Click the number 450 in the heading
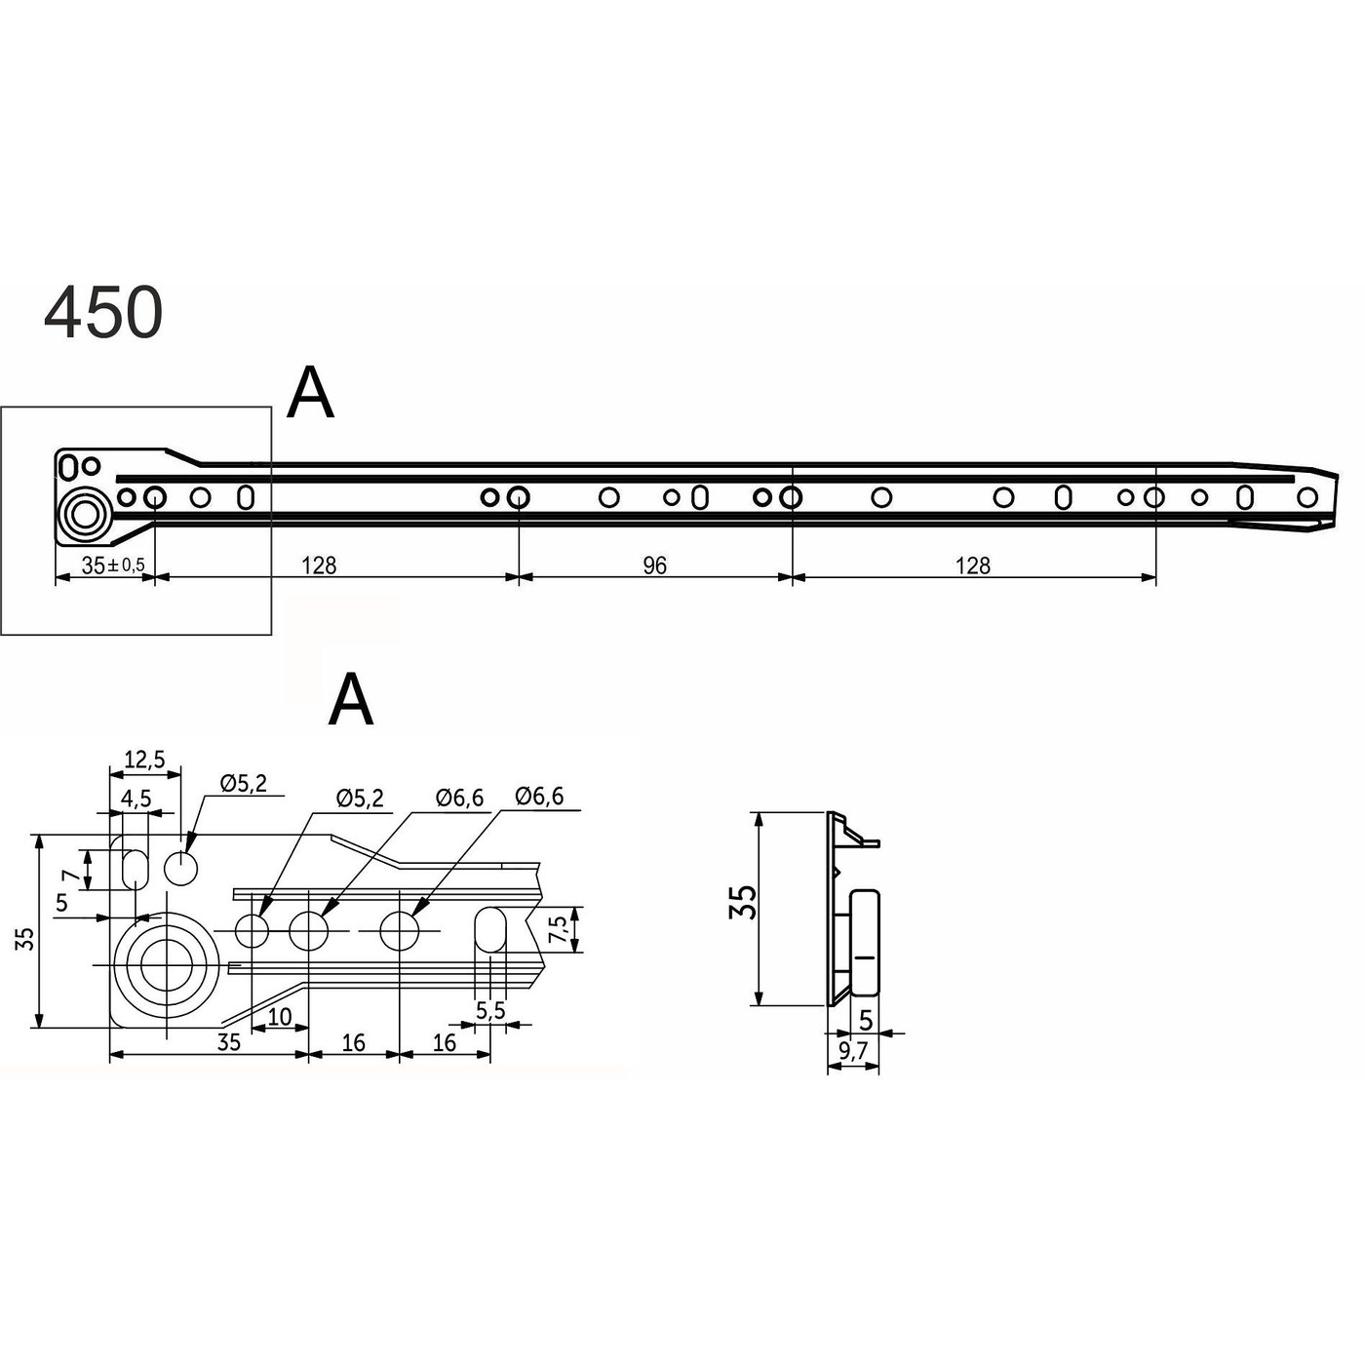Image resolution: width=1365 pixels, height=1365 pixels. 103,314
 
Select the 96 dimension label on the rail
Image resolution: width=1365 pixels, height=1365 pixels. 655,565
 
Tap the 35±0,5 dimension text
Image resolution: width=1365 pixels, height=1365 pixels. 112,565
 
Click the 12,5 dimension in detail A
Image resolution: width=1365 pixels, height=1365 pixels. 144,760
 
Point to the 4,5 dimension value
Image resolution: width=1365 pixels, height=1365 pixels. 136,799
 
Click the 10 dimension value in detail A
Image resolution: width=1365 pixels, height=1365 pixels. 279,1017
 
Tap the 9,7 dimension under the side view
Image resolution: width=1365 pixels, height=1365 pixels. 853,1051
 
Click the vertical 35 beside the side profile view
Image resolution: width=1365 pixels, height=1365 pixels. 743,902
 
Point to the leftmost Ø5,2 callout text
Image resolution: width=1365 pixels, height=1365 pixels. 243,783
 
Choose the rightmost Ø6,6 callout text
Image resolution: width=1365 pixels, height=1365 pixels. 539,797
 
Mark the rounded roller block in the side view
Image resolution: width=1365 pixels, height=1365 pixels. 865,942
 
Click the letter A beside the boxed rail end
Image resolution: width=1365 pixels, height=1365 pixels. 311,393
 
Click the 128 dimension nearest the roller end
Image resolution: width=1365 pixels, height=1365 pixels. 319,565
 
